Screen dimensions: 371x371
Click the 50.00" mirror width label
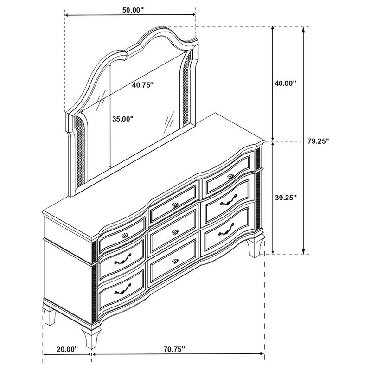point(133,10)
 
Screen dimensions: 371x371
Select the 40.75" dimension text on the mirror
point(143,85)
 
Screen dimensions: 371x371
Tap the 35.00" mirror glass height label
point(123,119)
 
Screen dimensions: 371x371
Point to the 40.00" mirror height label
point(285,83)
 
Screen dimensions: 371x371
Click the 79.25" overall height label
point(318,141)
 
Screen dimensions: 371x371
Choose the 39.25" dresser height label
point(286,198)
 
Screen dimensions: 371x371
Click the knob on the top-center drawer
point(175,205)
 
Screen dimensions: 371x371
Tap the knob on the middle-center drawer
point(175,232)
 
